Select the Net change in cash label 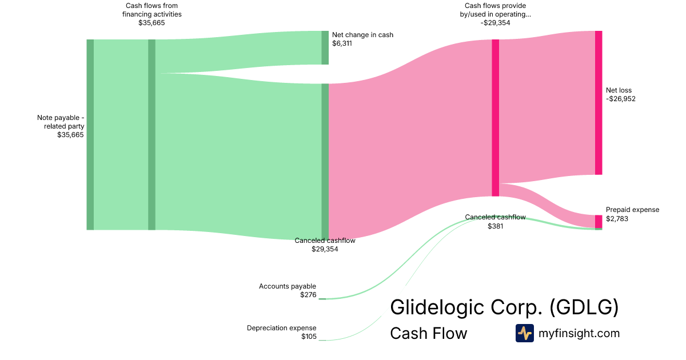362,35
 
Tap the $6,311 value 342,43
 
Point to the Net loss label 619,90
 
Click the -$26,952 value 620,99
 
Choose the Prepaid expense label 632,210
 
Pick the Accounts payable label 287,286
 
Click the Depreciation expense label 281,328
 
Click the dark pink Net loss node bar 599,103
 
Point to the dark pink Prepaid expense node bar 599,221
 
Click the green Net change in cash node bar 325,48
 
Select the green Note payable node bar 90,134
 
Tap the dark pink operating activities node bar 495,118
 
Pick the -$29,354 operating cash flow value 495,23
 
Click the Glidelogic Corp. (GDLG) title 504,307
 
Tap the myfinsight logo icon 524,333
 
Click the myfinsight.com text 579,333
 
